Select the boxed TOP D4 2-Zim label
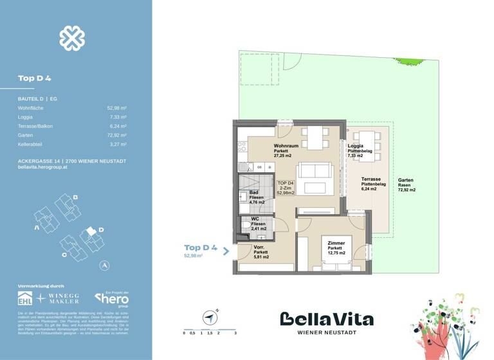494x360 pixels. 285,188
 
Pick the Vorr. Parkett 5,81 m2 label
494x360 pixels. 261,253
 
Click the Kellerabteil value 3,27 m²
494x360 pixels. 118,145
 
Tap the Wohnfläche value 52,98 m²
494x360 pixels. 116,108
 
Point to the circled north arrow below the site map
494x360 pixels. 104,265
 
